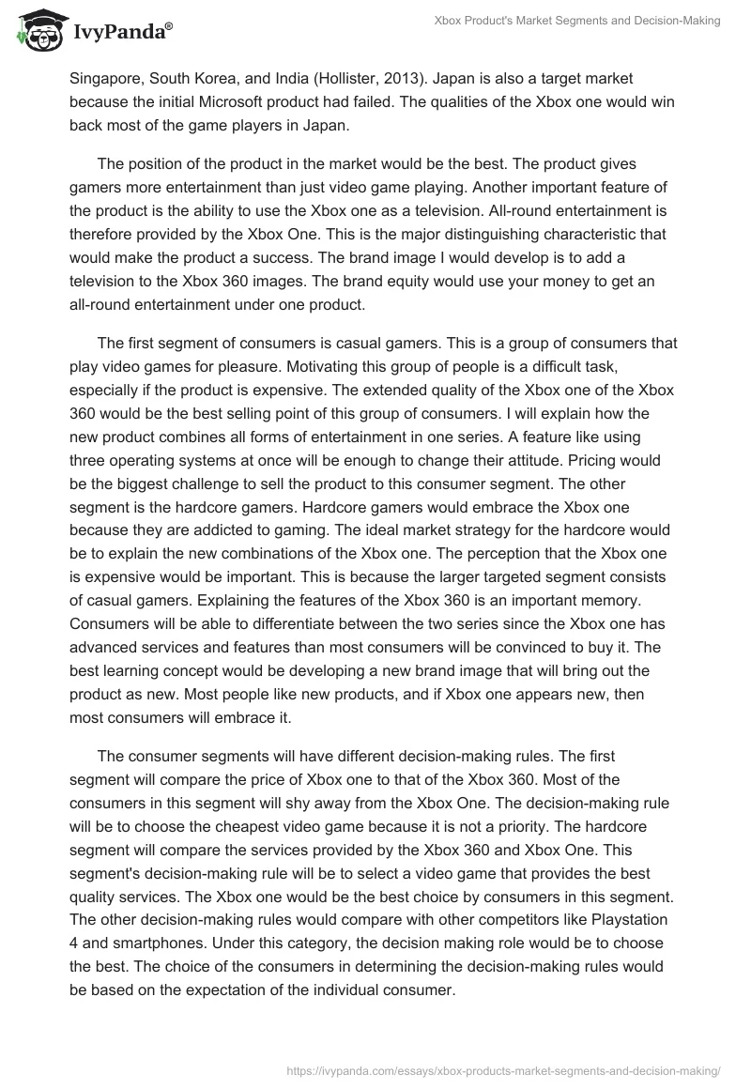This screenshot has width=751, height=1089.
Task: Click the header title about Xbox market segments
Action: [x=582, y=21]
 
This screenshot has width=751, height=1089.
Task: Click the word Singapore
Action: [x=106, y=81]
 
